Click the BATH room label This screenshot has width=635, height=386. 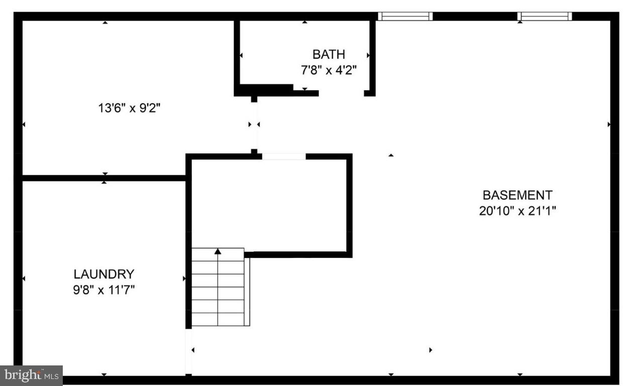click(x=329, y=54)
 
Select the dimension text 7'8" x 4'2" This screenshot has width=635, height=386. click(x=329, y=70)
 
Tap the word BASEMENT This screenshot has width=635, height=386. click(x=517, y=195)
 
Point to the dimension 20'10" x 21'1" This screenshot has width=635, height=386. click(x=517, y=211)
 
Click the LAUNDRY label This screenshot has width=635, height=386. click(x=104, y=274)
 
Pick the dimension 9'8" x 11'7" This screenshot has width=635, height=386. click(x=104, y=290)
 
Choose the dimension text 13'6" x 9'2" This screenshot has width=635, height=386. click(x=132, y=107)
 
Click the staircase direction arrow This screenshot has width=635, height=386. click(x=218, y=251)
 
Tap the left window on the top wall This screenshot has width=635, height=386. click(x=405, y=16)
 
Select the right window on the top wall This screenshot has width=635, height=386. click(x=545, y=16)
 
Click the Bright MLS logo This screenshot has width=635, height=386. click(x=31, y=375)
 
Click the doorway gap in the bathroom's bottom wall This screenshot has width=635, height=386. click(x=341, y=93)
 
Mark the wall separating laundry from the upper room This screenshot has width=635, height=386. click(x=104, y=178)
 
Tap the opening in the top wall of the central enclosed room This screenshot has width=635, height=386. click(x=284, y=157)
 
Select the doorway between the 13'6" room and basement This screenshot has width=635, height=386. click(x=255, y=125)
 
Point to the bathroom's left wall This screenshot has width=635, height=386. click(x=237, y=55)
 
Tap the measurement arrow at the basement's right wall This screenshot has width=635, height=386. click(x=609, y=124)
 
